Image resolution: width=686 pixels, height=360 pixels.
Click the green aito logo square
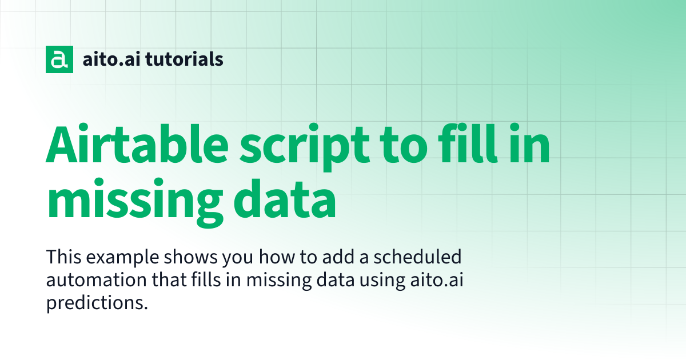pyautogui.click(x=59, y=59)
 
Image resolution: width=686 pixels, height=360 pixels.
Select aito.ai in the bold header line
pyautogui.click(x=111, y=59)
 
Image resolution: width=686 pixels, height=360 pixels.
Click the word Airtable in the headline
pyautogui.click(x=137, y=143)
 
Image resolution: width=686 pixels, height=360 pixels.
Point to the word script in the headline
pyautogui.click(x=305, y=147)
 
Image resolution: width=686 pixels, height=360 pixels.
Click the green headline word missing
pyautogui.click(x=135, y=203)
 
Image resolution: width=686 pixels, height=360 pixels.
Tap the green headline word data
pyautogui.click(x=285, y=199)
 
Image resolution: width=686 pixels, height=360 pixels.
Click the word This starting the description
pyautogui.click(x=63, y=257)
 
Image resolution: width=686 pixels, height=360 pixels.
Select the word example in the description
pyautogui.click(x=122, y=258)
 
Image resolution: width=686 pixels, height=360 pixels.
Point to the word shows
pyautogui.click(x=190, y=257)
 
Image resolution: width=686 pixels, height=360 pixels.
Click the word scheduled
pyautogui.click(x=417, y=257)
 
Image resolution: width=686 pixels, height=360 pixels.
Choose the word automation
pyautogui.click(x=97, y=280)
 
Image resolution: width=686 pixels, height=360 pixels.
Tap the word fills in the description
pyautogui.click(x=206, y=279)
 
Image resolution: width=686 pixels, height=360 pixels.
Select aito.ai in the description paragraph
pyautogui.click(x=437, y=279)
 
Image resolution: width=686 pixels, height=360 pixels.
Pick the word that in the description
pyautogui.click(x=169, y=279)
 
